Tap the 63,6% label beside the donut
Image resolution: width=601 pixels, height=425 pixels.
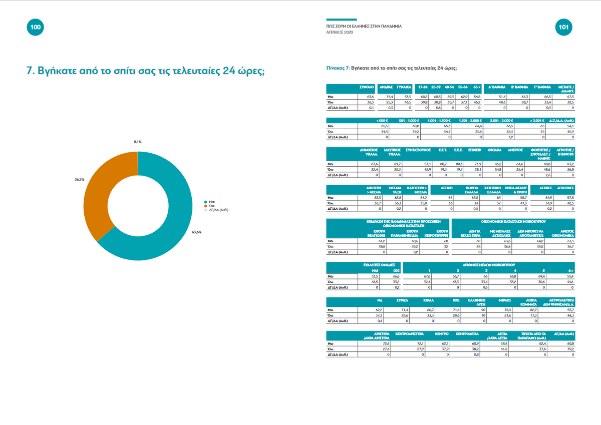[196, 232]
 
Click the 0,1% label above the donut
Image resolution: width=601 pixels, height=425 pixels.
[137, 142]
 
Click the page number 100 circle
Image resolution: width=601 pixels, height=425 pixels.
[35, 27]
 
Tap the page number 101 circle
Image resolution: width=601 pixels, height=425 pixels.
[565, 28]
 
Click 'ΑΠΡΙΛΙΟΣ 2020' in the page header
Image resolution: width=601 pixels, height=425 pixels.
[340, 32]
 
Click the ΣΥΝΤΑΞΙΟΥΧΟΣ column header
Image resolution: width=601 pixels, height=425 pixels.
[418, 150]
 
